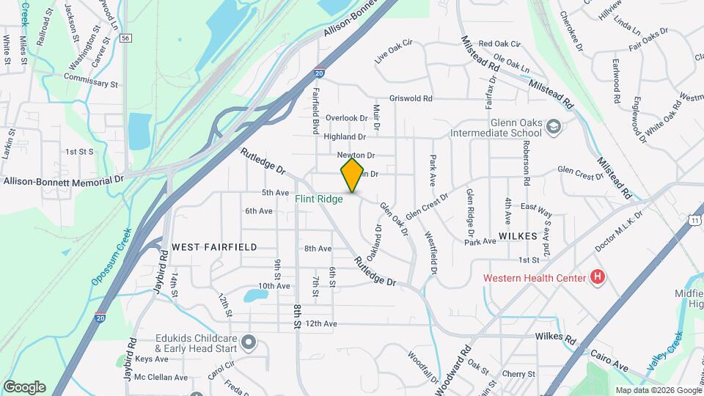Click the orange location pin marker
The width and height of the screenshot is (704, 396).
point(353,175)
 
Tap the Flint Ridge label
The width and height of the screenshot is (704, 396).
point(319,199)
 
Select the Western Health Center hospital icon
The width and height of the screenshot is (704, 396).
point(598,277)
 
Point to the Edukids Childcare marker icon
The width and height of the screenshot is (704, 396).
point(249,342)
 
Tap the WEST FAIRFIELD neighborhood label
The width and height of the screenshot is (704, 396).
point(214,247)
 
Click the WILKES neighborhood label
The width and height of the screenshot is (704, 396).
point(518,236)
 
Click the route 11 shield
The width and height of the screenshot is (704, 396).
point(693,219)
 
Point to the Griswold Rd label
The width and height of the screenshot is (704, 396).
point(411,98)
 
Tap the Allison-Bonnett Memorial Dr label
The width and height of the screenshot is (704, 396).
point(63,180)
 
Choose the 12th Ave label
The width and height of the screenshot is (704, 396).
point(321,323)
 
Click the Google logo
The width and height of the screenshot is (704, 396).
point(24,387)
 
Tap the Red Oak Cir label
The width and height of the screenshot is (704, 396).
point(499,45)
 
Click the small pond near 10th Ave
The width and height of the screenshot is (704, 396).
point(257,295)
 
